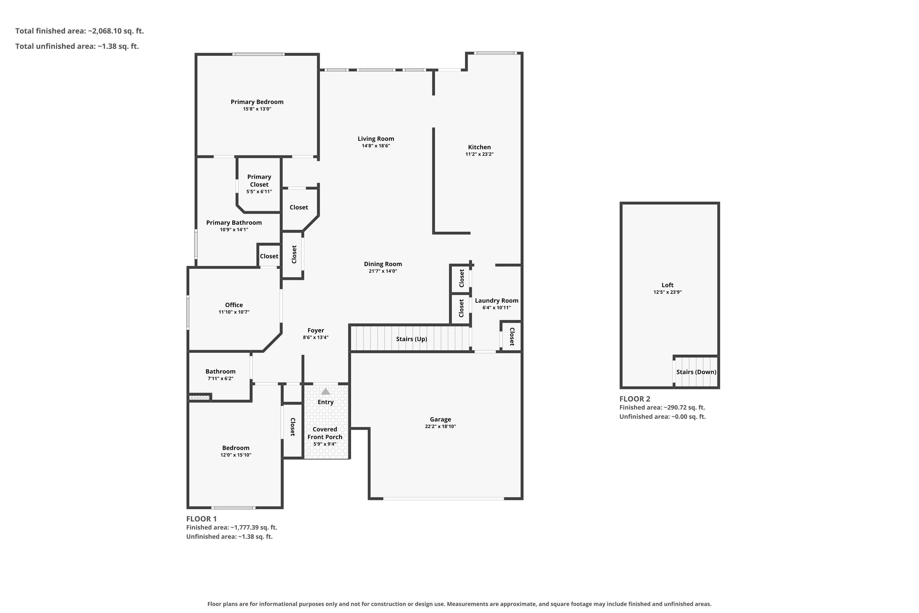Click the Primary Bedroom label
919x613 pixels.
tap(257, 102)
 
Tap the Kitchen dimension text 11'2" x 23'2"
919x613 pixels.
tap(479, 154)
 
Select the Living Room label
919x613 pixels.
tap(376, 139)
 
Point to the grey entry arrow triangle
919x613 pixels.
tap(325, 391)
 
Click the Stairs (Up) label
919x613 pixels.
tap(411, 339)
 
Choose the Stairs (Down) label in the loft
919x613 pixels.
tap(696, 372)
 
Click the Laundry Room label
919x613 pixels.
tap(497, 301)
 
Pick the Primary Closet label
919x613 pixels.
tap(259, 181)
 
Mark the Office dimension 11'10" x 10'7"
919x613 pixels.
tap(234, 312)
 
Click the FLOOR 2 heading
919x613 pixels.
tap(635, 399)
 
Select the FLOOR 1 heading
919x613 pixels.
tap(201, 519)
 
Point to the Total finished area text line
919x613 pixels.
tap(80, 31)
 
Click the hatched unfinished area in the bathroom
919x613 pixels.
tap(199, 398)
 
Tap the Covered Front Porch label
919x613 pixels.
tap(325, 433)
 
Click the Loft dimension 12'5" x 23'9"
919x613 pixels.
tap(668, 292)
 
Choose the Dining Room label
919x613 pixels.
tap(383, 264)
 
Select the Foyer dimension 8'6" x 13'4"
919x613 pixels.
tap(316, 338)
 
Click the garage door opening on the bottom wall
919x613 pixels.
tap(444, 498)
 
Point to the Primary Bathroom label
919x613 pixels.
tap(234, 223)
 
